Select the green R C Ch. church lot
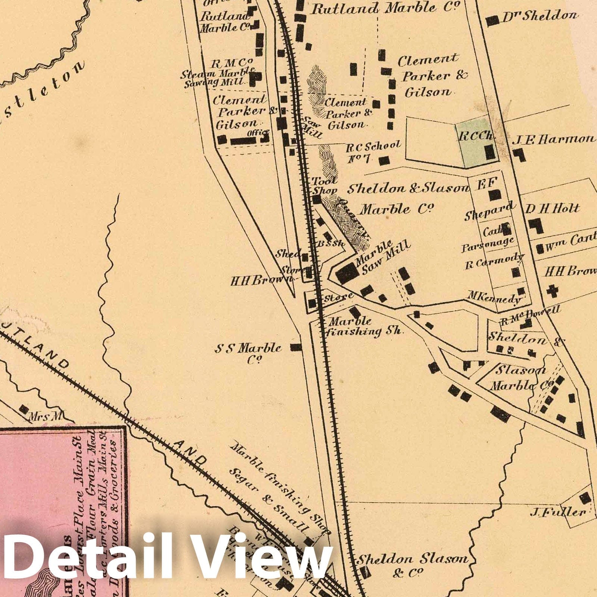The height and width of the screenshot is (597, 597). pyautogui.click(x=478, y=142)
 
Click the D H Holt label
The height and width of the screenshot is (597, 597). pyautogui.click(x=552, y=209)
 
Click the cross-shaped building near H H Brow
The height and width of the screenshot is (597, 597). pyautogui.click(x=553, y=291)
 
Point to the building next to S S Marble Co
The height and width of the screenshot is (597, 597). pyautogui.click(x=296, y=347)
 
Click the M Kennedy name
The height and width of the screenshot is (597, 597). pyautogui.click(x=494, y=298)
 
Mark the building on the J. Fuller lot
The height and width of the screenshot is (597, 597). pyautogui.click(x=584, y=498)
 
